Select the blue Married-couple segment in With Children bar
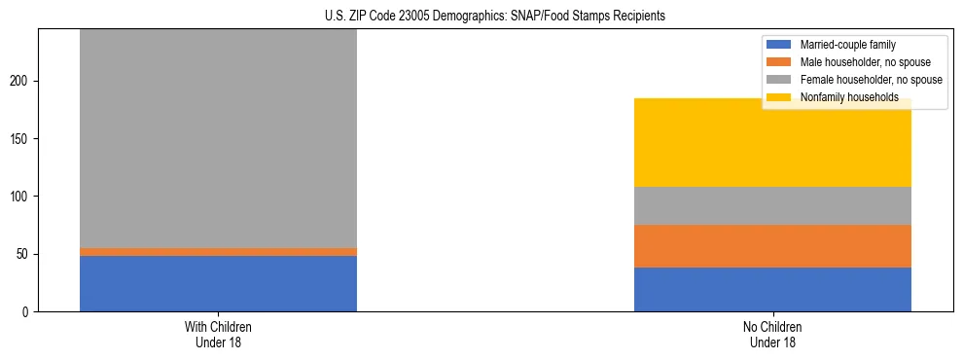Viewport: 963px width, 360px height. coord(218,283)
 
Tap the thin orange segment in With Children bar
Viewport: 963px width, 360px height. coord(218,251)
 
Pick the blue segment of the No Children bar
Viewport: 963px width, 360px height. coord(772,289)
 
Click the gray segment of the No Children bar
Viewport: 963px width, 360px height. coord(772,205)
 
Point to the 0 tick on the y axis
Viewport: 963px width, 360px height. coord(28,312)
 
